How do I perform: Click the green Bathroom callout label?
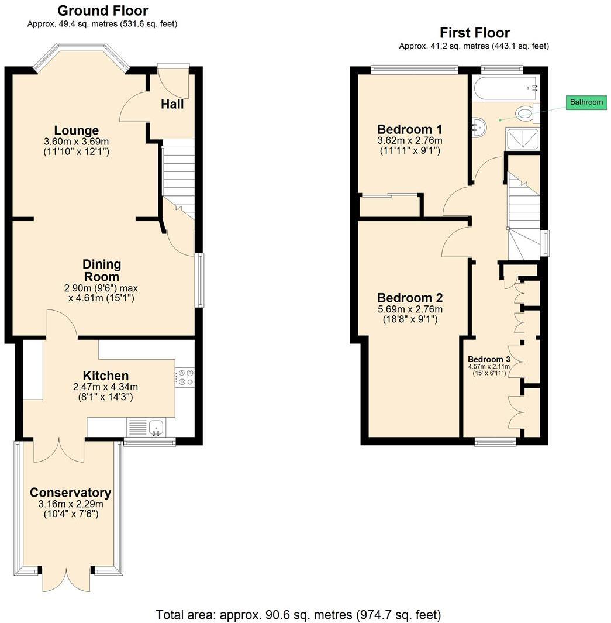click(586, 102)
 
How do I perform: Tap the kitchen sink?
click(157, 428)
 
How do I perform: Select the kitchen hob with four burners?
click(185, 377)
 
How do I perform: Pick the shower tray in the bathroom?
click(522, 139)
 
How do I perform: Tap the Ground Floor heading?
click(103, 11)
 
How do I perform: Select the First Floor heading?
click(474, 33)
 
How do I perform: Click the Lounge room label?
click(76, 130)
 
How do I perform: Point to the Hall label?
click(172, 104)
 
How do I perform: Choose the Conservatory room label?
click(70, 493)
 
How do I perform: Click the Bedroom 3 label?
click(489, 359)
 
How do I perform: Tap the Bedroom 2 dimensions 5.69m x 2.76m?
click(409, 309)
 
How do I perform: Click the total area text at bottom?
click(298, 615)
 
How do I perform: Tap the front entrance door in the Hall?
click(174, 82)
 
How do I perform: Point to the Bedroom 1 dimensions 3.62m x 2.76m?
click(409, 140)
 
